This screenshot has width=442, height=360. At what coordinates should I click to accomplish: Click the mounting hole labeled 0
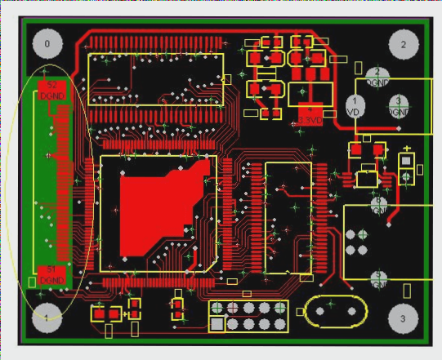(x=47, y=44)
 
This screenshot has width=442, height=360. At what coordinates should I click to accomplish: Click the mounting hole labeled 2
(x=403, y=44)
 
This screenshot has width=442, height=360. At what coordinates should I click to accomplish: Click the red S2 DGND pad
(x=51, y=88)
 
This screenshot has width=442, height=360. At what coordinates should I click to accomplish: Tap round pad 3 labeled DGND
(x=399, y=106)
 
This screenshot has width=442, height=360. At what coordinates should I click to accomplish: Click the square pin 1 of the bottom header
(x=217, y=324)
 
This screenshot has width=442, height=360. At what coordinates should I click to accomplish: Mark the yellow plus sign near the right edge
(x=406, y=148)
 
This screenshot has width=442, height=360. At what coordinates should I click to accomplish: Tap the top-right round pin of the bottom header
(x=280, y=308)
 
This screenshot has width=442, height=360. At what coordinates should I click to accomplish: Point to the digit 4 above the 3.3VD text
(x=310, y=109)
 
